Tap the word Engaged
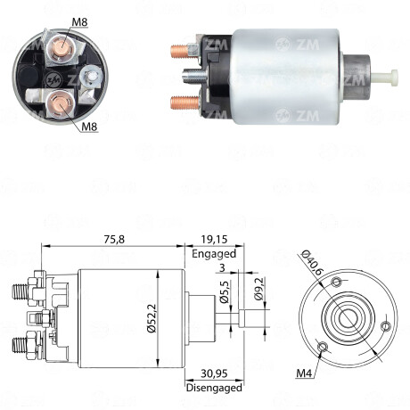click(x=213, y=253)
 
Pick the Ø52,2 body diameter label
click(x=152, y=318)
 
